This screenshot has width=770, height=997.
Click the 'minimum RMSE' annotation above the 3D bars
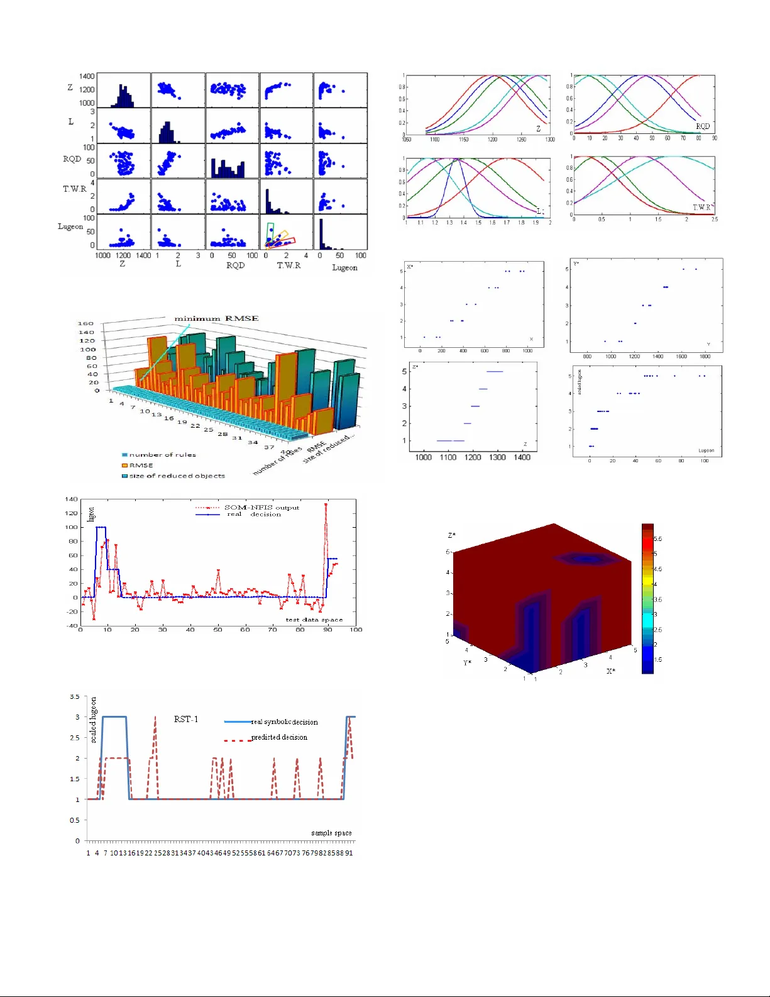pos(216,318)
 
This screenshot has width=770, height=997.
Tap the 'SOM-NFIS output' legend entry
pos(261,508)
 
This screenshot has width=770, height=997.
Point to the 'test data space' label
pos(314,620)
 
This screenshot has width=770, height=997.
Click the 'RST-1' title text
pos(186,719)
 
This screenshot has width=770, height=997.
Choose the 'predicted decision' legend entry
pos(279,737)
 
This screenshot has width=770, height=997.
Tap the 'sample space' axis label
pos(331,833)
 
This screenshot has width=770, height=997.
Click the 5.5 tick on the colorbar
pos(657,539)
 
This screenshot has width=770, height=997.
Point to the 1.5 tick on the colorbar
pos(657,660)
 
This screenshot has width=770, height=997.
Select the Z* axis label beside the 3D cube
pos(452,535)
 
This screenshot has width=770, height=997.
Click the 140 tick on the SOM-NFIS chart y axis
pos(72,499)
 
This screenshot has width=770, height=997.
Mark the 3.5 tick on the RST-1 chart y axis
pos(75,697)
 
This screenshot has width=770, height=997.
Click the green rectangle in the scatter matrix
pos(270,231)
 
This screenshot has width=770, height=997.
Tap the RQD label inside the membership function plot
pos(702,126)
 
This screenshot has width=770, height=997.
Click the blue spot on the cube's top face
pos(586,558)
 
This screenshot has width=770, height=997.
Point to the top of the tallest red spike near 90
pos(326,504)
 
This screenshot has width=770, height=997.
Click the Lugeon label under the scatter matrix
pos(344,267)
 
